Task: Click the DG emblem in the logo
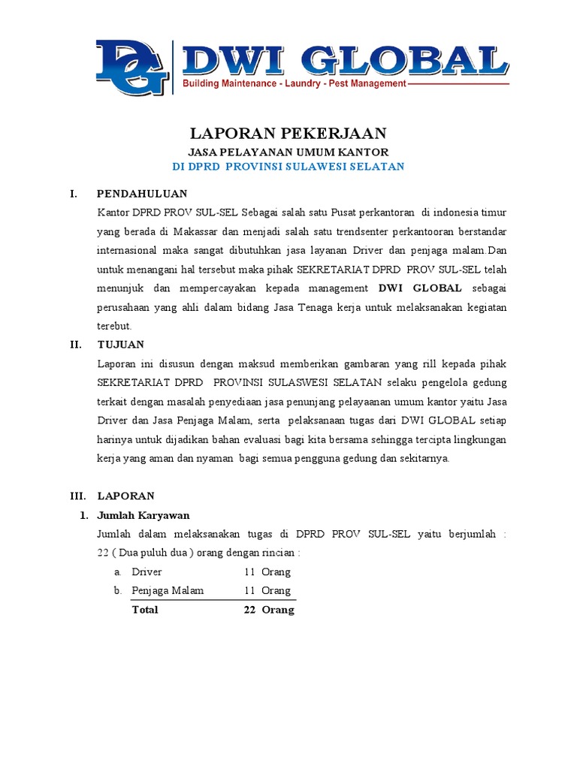[131, 68]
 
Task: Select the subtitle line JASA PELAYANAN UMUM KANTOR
[288, 152]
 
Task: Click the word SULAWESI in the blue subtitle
[334, 166]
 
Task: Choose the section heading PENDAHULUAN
[134, 194]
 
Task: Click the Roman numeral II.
[74, 345]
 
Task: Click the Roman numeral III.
[77, 496]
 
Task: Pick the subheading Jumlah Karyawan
[143, 515]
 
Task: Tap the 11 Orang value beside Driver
[267, 572]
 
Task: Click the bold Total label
[145, 610]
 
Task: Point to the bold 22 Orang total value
[268, 610]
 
